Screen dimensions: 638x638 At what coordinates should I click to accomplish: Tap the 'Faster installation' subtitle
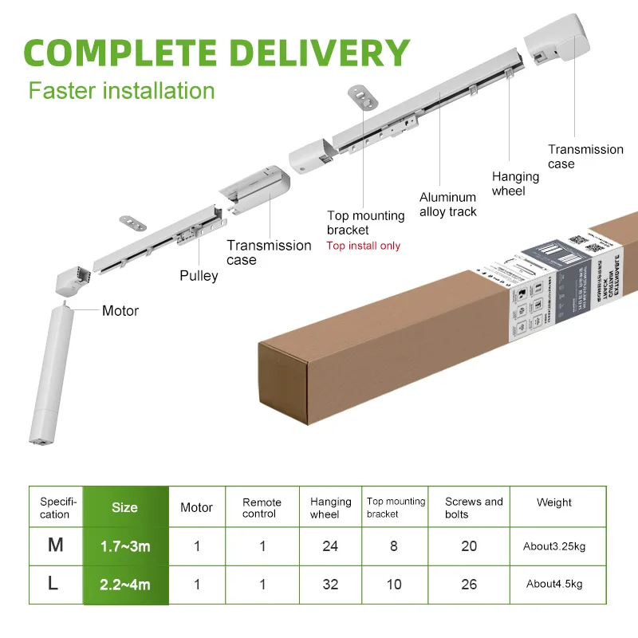(122, 90)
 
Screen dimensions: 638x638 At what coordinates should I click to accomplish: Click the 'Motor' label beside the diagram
(120, 311)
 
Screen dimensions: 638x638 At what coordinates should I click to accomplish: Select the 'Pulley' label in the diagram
(199, 276)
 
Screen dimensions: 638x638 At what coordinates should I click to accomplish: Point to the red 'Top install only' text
(364, 246)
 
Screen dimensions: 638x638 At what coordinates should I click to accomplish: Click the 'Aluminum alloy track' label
(448, 204)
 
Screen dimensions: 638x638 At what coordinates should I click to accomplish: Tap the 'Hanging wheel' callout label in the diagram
(515, 184)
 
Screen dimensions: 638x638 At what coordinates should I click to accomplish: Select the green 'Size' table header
(125, 507)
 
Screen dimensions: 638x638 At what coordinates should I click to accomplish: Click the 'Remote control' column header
(262, 508)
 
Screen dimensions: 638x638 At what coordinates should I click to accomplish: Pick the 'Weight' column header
(554, 502)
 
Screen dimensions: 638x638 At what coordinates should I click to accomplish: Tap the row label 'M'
(55, 546)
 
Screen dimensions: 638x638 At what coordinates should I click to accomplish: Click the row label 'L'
(53, 584)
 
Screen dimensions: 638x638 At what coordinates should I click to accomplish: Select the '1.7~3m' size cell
(126, 546)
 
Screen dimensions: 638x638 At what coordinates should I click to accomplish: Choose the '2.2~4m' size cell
(126, 585)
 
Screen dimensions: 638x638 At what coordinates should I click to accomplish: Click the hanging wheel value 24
(330, 546)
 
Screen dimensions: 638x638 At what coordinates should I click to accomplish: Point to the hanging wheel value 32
(330, 585)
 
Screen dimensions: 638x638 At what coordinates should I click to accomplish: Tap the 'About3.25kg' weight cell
(555, 546)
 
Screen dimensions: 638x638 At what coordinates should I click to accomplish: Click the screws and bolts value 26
(469, 585)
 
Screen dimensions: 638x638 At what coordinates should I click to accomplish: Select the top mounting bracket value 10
(394, 585)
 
